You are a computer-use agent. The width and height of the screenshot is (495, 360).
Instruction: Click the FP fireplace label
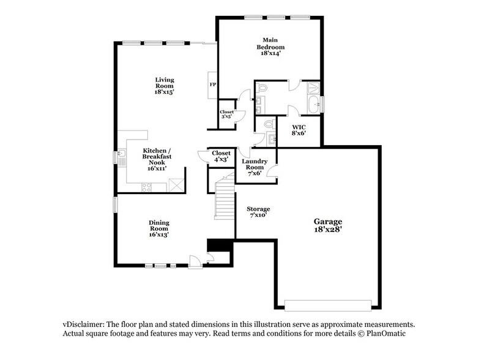(x=213, y=84)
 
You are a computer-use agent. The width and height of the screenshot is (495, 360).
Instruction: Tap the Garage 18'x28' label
(x=329, y=225)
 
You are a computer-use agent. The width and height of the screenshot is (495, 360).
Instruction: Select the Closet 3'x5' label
(x=226, y=115)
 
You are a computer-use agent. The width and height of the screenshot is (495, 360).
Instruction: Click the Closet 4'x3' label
(x=220, y=156)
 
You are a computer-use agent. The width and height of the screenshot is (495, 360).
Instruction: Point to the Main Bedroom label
(x=270, y=47)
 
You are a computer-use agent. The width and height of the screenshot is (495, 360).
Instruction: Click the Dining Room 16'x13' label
(x=158, y=228)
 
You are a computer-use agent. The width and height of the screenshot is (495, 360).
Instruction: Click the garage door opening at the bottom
(x=329, y=304)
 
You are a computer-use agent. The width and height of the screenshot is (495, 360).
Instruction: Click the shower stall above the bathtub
(x=313, y=88)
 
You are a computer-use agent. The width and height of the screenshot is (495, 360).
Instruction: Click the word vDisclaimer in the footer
(x=83, y=324)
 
